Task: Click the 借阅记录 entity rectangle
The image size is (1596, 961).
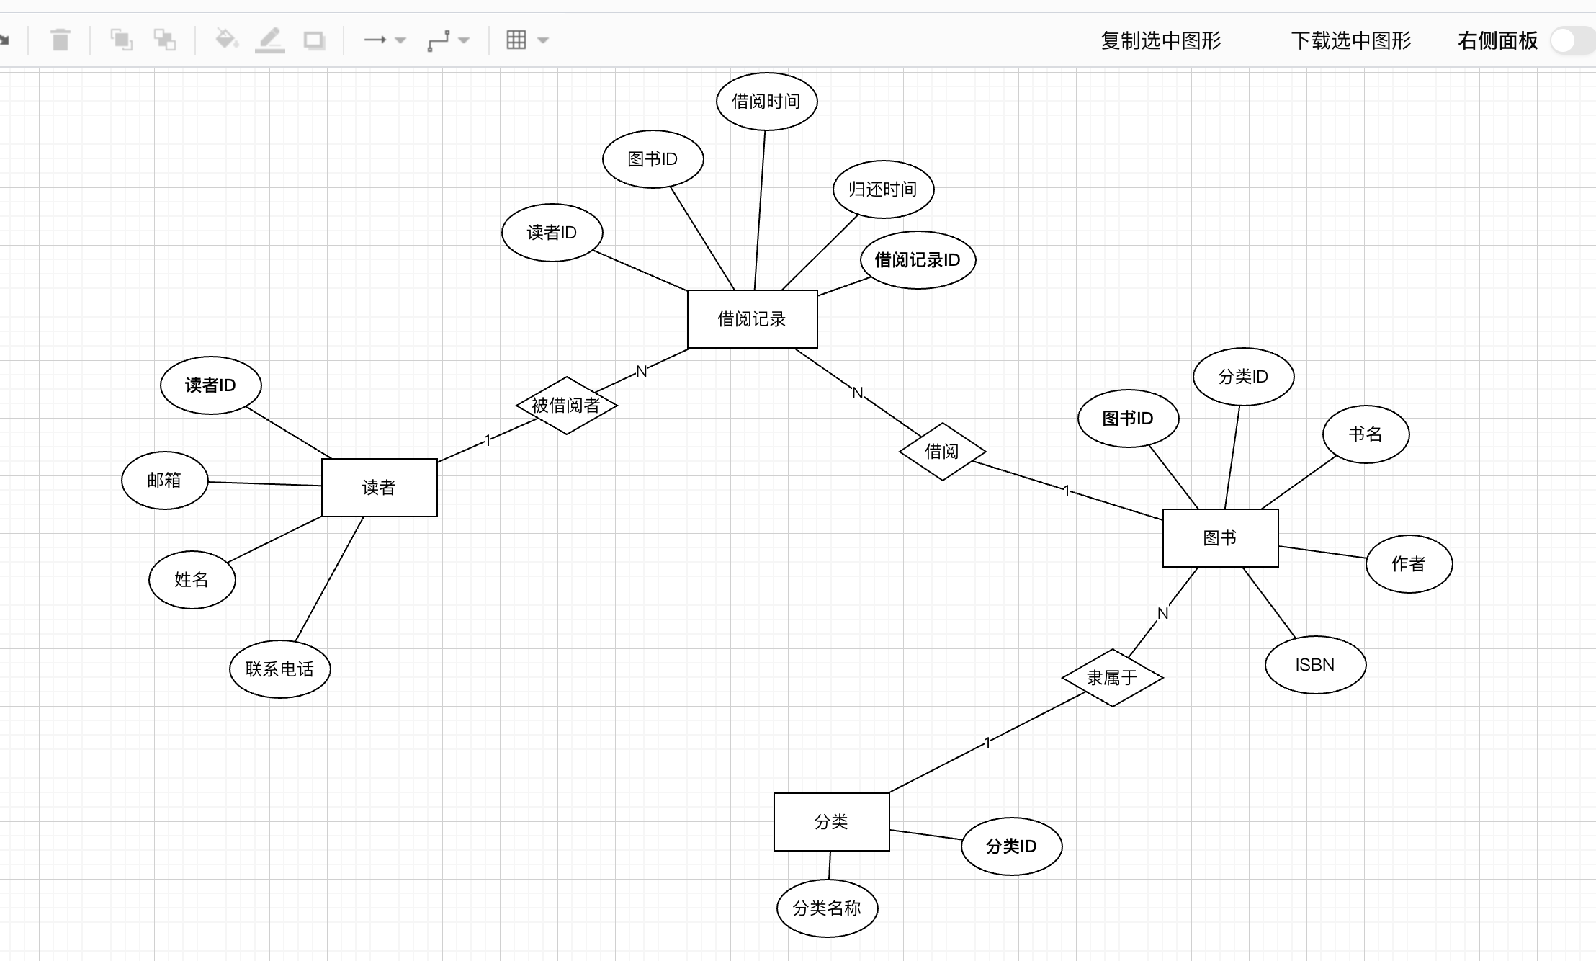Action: tap(752, 319)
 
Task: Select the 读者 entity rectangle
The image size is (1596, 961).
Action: tap(379, 488)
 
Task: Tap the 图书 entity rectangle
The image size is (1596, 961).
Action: tap(1220, 538)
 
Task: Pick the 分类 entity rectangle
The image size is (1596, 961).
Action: tap(831, 822)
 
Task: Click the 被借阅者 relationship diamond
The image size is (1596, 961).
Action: tap(566, 406)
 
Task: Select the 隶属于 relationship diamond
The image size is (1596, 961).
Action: tap(1112, 678)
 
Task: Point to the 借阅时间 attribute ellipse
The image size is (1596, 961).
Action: tap(766, 102)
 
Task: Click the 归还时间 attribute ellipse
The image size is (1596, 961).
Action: tap(883, 189)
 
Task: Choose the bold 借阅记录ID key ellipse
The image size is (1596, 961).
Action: tap(918, 260)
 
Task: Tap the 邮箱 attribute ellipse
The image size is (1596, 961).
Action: tap(164, 481)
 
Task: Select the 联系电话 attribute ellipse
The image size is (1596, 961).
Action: tap(279, 669)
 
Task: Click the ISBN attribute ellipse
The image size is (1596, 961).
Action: tap(1315, 665)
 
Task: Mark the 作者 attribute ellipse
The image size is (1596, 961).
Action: tap(1409, 564)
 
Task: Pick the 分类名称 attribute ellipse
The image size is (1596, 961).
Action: tap(827, 908)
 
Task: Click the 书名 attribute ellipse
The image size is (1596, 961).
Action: tap(1366, 434)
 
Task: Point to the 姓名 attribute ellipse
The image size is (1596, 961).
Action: tap(192, 580)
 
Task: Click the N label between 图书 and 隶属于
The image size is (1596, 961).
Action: tap(1162, 614)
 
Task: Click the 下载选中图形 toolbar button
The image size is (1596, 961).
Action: tap(1351, 41)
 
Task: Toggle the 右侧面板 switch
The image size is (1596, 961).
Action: tap(1572, 41)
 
